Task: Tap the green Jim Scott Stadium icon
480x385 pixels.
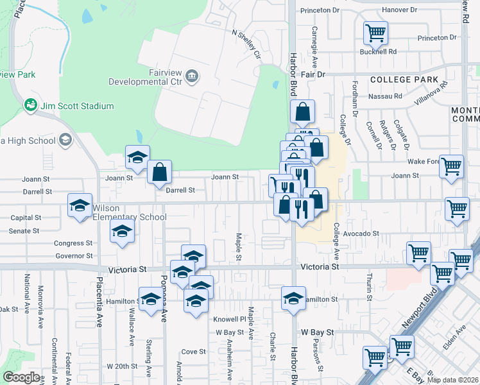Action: pos(29,105)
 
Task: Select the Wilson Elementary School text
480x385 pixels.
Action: pos(130,212)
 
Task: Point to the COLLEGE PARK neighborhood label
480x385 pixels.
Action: pos(408,80)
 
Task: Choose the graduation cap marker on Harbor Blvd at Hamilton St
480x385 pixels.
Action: pos(294,298)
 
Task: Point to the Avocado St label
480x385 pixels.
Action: pos(361,234)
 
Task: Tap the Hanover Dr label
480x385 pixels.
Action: pos(399,10)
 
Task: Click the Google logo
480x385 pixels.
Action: pos(21,377)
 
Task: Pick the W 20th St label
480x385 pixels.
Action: pos(122,366)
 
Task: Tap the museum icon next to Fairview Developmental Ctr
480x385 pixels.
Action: pos(192,77)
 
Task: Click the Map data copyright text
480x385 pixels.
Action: pos(452,380)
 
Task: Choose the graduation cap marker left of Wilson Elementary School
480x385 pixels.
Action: pos(80,205)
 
